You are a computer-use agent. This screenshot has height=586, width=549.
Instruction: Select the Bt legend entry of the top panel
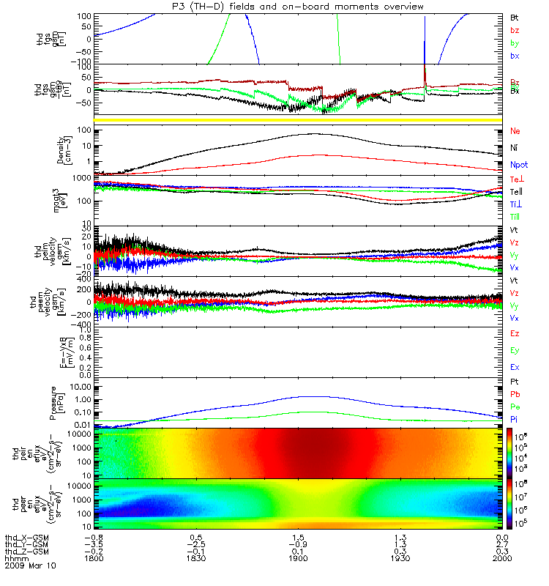(x=515, y=16)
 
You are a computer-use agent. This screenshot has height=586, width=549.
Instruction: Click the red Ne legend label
(x=515, y=131)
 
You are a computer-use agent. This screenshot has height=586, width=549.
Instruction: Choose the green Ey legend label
(x=515, y=349)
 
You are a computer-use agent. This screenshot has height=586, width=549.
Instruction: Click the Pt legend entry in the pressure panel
(x=515, y=383)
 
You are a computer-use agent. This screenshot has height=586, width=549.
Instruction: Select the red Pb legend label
(x=515, y=394)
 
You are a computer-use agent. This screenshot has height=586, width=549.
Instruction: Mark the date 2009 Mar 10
(x=31, y=566)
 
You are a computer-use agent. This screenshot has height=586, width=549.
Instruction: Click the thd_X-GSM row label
(x=27, y=536)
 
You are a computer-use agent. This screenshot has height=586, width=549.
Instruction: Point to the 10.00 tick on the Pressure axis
(x=80, y=386)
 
